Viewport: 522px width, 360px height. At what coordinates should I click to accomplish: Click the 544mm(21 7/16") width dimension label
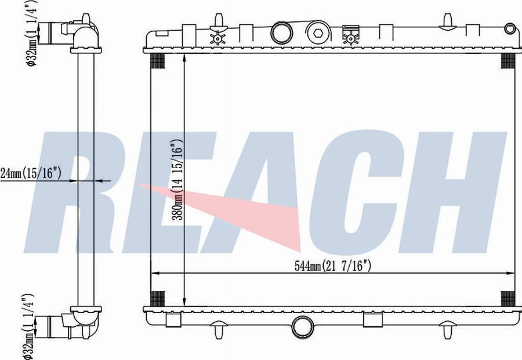click(332, 266)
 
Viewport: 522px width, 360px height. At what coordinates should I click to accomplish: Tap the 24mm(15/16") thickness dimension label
click(31, 173)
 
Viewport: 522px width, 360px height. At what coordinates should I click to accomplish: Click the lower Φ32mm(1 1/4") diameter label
click(28, 326)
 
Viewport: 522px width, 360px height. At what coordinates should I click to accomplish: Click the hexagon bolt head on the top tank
click(318, 33)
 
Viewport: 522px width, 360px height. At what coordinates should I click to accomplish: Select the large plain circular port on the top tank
click(282, 32)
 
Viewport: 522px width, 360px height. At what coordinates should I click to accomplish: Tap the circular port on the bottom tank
click(303, 327)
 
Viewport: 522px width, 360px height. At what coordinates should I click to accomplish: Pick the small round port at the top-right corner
click(510, 28)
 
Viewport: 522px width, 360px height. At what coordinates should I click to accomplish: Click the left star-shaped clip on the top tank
click(217, 38)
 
